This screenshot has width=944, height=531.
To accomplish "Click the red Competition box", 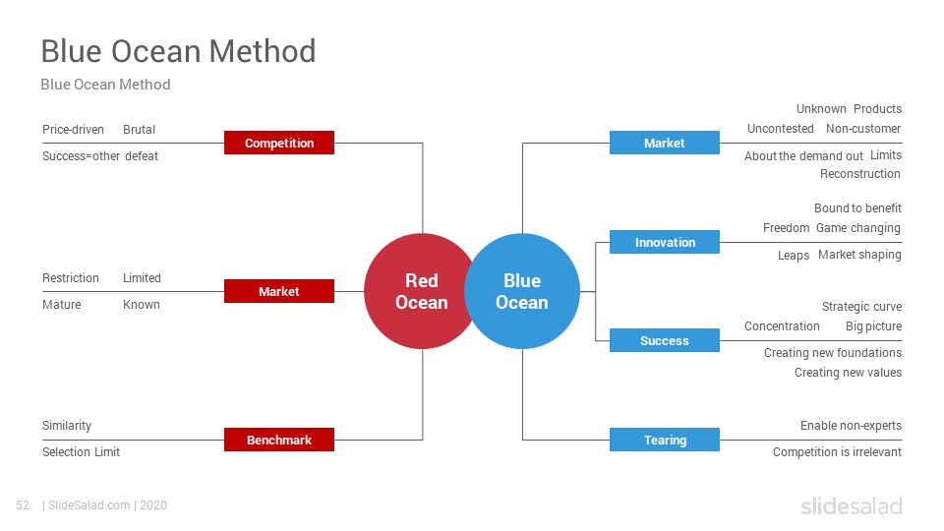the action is (x=278, y=143).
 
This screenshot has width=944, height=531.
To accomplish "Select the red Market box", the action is (x=278, y=291).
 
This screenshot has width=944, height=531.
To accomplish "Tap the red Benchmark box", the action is (x=278, y=440).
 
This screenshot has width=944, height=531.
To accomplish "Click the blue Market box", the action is (x=664, y=143).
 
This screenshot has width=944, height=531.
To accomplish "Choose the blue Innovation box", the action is (x=664, y=242).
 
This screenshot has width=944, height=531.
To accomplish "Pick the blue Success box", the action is (x=664, y=340).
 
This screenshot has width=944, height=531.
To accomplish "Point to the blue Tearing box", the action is (x=664, y=440).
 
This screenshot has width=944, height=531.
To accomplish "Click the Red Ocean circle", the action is (x=415, y=291).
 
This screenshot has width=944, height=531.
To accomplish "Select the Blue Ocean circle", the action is (x=522, y=291).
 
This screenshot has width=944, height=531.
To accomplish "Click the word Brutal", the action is (x=139, y=130).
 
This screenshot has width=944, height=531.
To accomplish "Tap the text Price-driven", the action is (x=73, y=130).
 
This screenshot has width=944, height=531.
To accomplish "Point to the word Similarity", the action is (x=67, y=426).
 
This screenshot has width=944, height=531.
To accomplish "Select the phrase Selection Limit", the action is (x=82, y=452).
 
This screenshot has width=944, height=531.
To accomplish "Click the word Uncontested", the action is (x=780, y=128).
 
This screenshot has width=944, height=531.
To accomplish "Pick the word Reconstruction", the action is (x=860, y=174).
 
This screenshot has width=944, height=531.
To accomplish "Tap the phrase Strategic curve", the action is (x=862, y=307).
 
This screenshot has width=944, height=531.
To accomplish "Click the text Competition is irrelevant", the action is (x=838, y=452).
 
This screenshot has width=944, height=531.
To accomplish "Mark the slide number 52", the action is (x=23, y=505).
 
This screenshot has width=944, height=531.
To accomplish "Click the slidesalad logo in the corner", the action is (x=852, y=505).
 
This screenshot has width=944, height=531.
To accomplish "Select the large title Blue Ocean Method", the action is (x=178, y=50).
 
